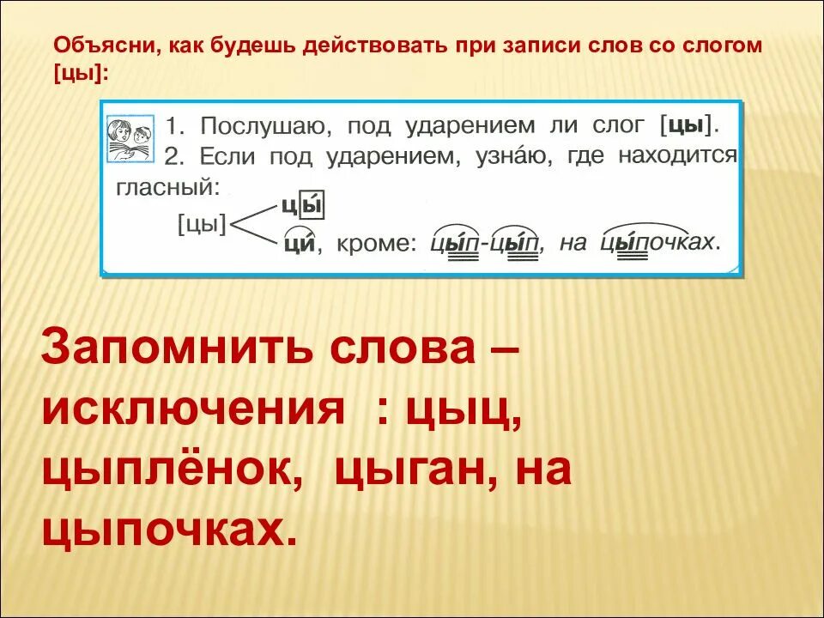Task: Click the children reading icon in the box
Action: tap(130, 139)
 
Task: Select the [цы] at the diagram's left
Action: tap(202, 225)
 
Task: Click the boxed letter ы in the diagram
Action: tap(316, 206)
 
